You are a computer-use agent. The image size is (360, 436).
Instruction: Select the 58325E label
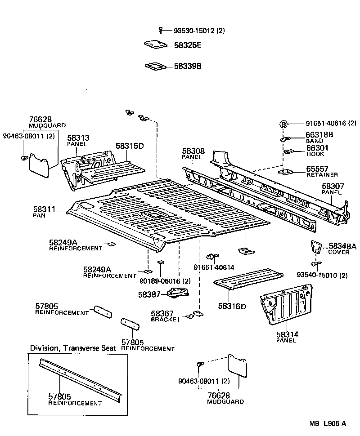coord(188,45)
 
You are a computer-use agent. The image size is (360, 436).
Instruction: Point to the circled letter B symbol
coord(284,124)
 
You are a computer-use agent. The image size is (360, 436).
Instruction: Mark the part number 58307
coord(332,186)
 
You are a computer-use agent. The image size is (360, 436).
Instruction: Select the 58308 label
coord(193,151)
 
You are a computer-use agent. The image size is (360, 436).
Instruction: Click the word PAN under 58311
coord(39,216)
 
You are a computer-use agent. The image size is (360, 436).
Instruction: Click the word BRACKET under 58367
coord(165,319)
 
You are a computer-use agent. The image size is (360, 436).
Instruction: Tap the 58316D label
coord(232,306)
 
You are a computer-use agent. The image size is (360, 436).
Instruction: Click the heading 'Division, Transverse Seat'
coord(73,348)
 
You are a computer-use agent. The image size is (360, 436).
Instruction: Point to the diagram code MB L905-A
coord(327,423)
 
